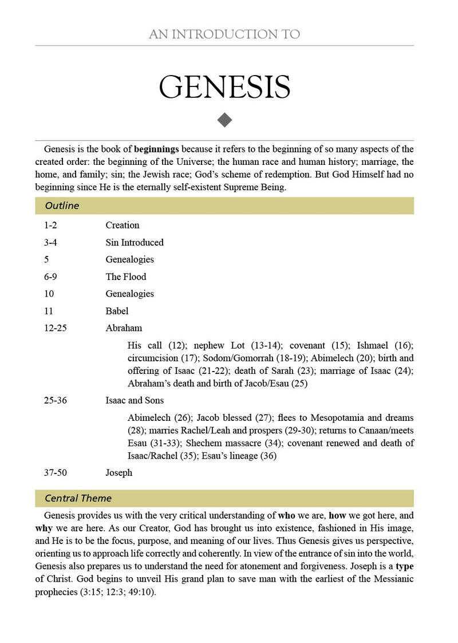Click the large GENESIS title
click(224, 86)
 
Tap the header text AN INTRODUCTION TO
click(224, 34)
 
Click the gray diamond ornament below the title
click(224, 120)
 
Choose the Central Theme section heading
click(78, 498)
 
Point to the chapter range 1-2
click(50, 226)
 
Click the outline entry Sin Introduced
click(135, 243)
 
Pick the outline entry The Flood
click(126, 277)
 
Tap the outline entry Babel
click(117, 311)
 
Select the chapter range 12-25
click(55, 329)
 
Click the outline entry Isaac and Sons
click(135, 401)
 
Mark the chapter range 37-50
click(55, 473)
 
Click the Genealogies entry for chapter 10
click(129, 294)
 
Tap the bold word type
click(405, 566)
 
